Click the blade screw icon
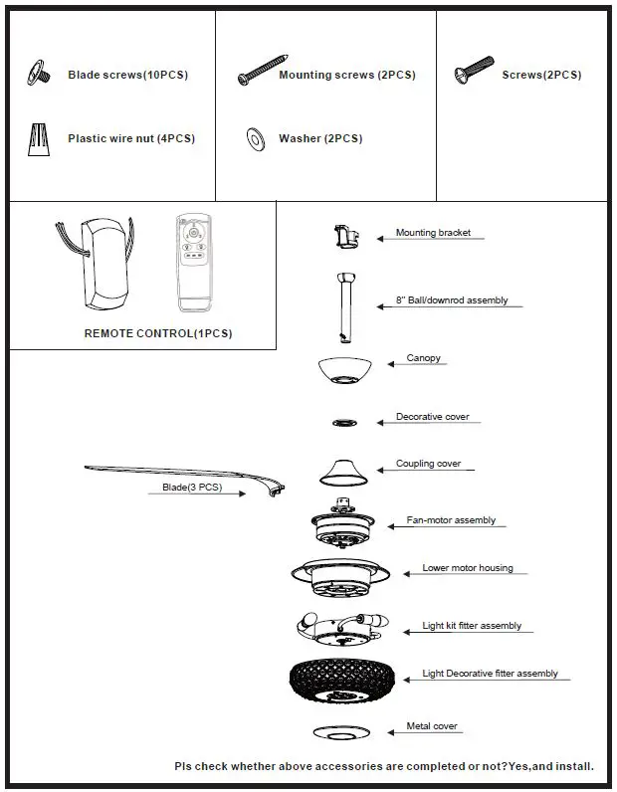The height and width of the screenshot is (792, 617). (40, 73)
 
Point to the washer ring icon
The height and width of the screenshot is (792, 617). (255, 138)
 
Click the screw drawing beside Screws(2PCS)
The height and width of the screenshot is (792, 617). (475, 71)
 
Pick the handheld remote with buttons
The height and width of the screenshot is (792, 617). (194, 262)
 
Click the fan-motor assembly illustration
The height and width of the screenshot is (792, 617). (344, 523)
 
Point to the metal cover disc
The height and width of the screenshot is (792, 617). (344, 732)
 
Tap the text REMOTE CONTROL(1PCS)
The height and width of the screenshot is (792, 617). (158, 333)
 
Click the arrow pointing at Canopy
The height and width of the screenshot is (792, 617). (394, 365)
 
